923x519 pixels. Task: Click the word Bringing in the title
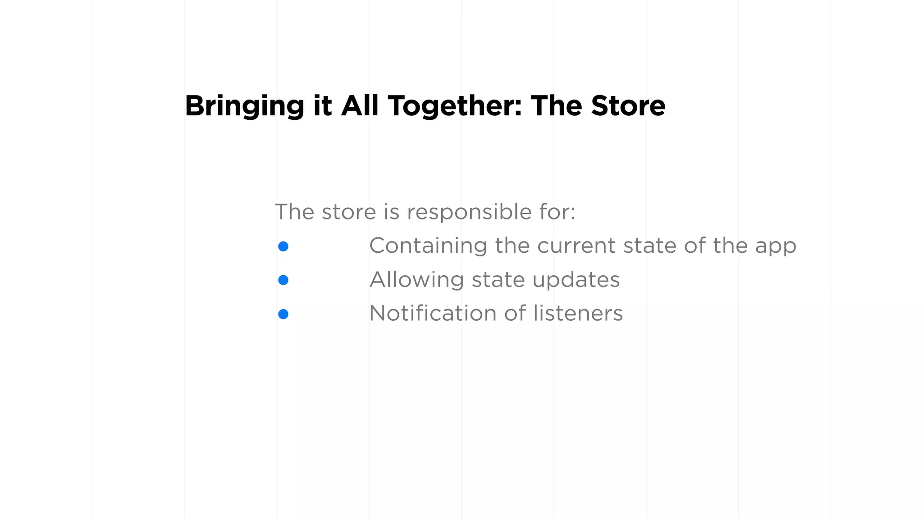click(244, 106)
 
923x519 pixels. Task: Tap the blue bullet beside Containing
click(283, 246)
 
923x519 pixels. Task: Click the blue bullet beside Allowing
click(283, 280)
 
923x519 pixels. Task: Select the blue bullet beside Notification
click(283, 314)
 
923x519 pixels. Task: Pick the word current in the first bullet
click(576, 246)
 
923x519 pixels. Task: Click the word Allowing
click(417, 280)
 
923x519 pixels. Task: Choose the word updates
click(576, 280)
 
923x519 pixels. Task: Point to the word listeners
click(578, 313)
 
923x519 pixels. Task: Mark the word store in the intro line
click(349, 212)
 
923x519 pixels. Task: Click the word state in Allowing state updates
click(498, 280)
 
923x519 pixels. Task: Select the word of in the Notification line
click(515, 313)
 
